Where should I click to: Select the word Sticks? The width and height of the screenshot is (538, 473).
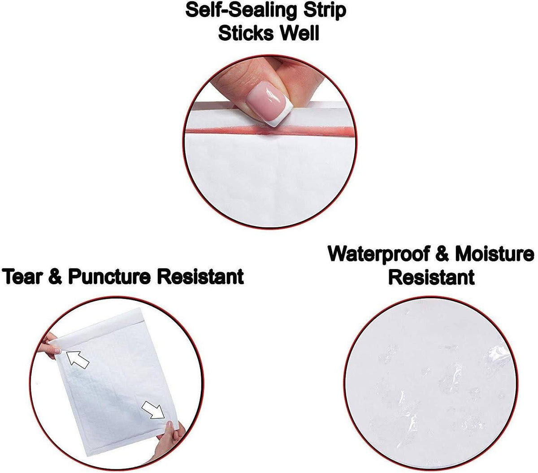(x=246, y=33)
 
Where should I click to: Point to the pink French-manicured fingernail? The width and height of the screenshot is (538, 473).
(x=269, y=103)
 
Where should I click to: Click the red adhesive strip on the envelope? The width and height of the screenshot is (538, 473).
(x=269, y=131)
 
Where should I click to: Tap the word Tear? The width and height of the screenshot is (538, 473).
(x=23, y=277)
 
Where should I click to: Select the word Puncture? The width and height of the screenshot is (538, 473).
(x=109, y=277)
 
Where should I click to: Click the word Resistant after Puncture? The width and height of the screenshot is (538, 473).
(x=200, y=277)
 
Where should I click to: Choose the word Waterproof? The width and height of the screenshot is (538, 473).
(x=378, y=254)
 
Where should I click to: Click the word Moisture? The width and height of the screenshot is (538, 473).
(x=495, y=254)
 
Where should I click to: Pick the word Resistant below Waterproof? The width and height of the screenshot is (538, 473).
(x=431, y=277)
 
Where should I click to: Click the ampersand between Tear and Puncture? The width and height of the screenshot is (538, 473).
(x=56, y=277)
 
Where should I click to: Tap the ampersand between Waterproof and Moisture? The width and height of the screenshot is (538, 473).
(x=442, y=254)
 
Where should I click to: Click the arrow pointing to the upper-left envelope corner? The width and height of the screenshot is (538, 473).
(x=77, y=359)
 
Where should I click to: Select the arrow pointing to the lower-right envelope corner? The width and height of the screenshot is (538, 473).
(x=153, y=410)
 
